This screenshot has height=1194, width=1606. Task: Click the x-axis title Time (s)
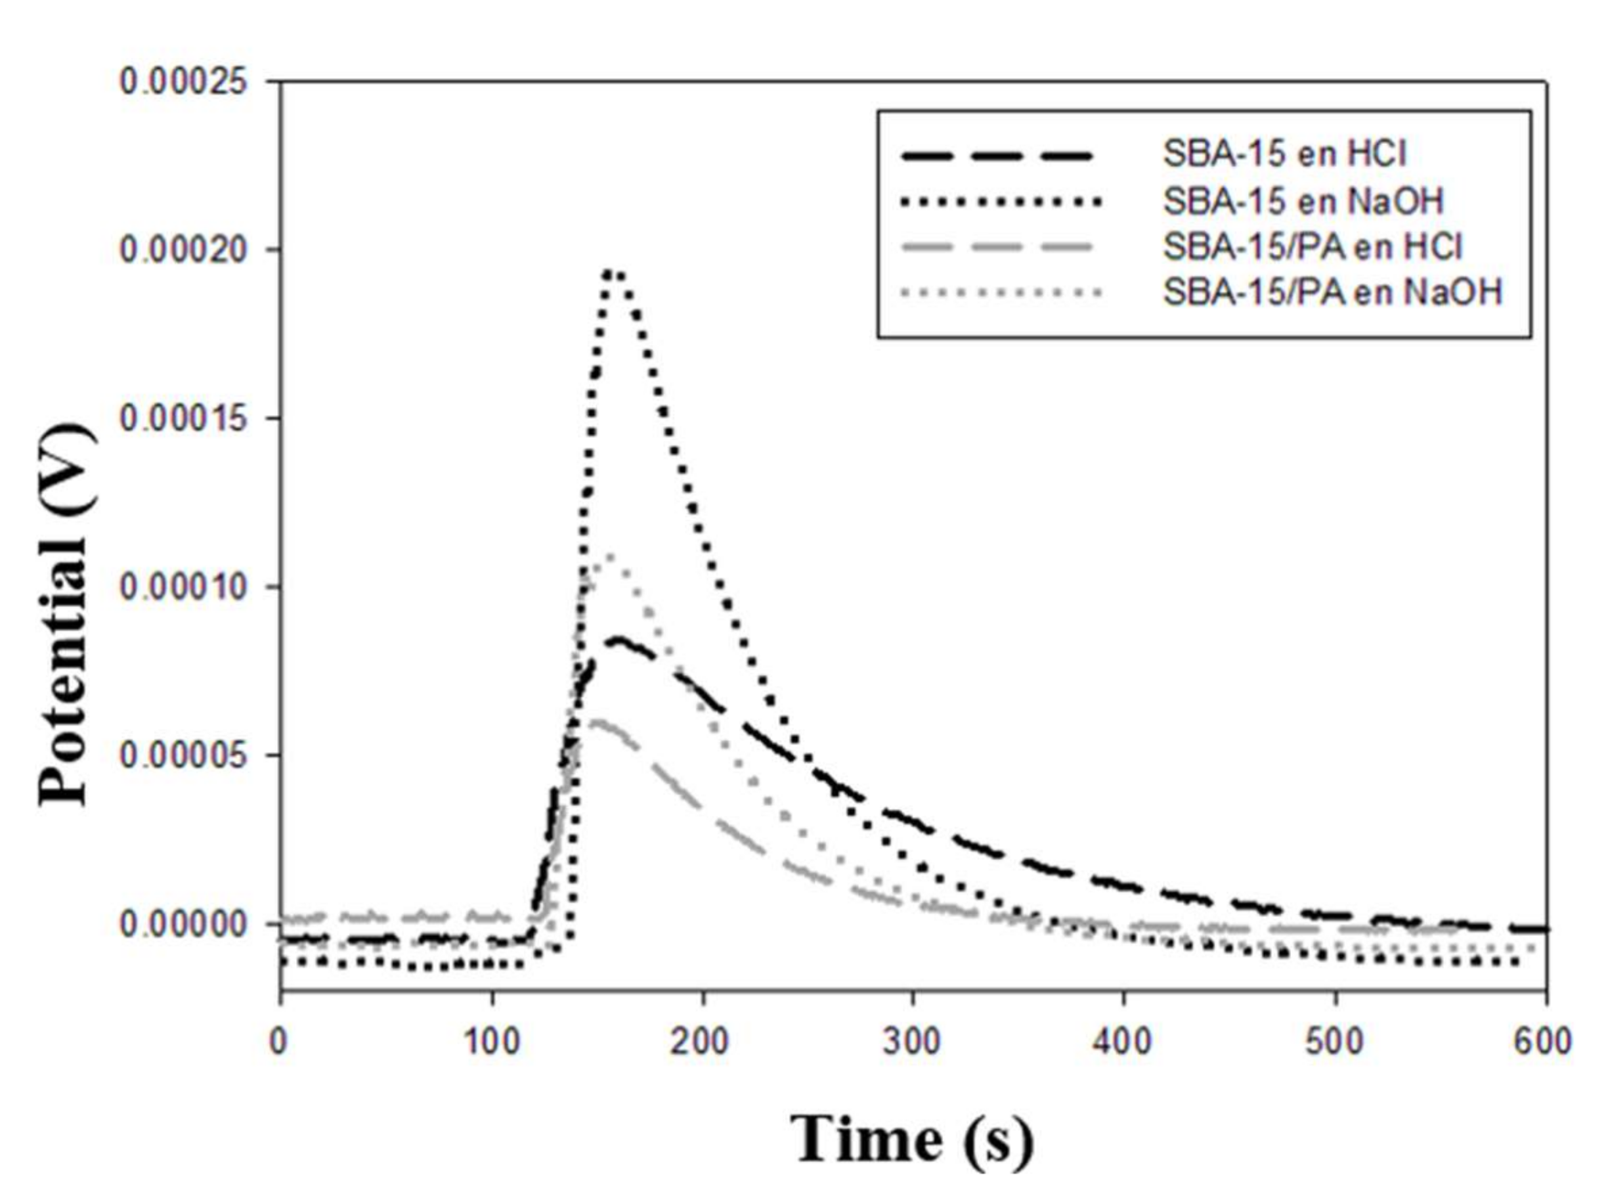(912, 1139)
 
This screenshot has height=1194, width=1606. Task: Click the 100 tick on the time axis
(492, 1042)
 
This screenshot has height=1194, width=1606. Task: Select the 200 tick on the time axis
(702, 1042)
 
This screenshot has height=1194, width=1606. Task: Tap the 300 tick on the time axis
(913, 1042)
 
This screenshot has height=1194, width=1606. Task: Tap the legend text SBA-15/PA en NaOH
(1332, 292)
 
